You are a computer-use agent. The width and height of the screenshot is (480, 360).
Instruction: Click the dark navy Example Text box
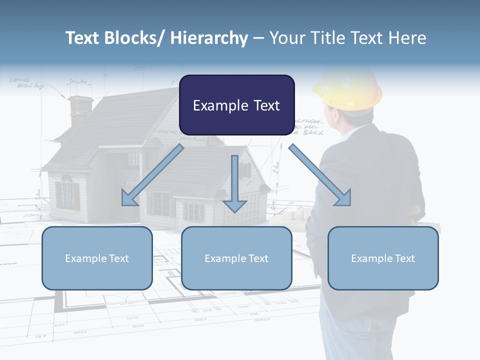[236, 105]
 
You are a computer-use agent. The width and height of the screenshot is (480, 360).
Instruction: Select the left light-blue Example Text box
[97, 258]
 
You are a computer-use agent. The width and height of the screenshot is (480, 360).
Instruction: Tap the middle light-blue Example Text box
[236, 258]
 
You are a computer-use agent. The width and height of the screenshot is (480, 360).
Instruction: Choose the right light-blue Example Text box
[383, 258]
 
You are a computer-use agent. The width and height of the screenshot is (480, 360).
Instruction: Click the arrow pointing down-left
[150, 177]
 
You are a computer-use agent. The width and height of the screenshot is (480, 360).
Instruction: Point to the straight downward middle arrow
[234, 185]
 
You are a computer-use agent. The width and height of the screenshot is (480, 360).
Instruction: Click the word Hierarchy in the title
[209, 38]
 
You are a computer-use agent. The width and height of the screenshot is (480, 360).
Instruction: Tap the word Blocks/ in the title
[132, 38]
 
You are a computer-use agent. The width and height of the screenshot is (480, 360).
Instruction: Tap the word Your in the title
[286, 38]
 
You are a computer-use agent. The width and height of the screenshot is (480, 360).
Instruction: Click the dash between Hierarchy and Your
[258, 39]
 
